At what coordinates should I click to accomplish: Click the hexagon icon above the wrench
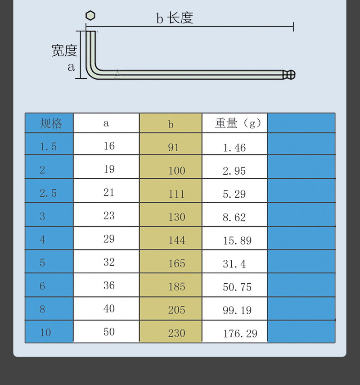coord(90,15)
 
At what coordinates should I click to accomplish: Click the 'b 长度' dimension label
coord(175,18)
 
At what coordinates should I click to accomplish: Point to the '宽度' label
coord(64,50)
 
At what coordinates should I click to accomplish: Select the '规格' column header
coord(51,123)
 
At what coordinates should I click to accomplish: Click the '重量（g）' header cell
coord(238,123)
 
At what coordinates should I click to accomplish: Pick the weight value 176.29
coord(240,333)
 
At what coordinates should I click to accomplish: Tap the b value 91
coord(173,147)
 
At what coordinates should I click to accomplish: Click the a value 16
coord(109,146)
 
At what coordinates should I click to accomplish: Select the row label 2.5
coord(48,193)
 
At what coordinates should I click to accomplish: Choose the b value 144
coord(177,240)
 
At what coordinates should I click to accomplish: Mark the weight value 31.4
coord(234,264)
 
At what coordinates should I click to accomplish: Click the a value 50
coord(109,332)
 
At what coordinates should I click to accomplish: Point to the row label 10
coord(45,332)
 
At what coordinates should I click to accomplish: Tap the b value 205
coord(177,310)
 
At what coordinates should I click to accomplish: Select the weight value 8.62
coord(234,217)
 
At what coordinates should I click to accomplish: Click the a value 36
coord(109,285)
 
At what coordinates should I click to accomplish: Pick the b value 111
coord(177,194)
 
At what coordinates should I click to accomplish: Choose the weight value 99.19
coord(237,310)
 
